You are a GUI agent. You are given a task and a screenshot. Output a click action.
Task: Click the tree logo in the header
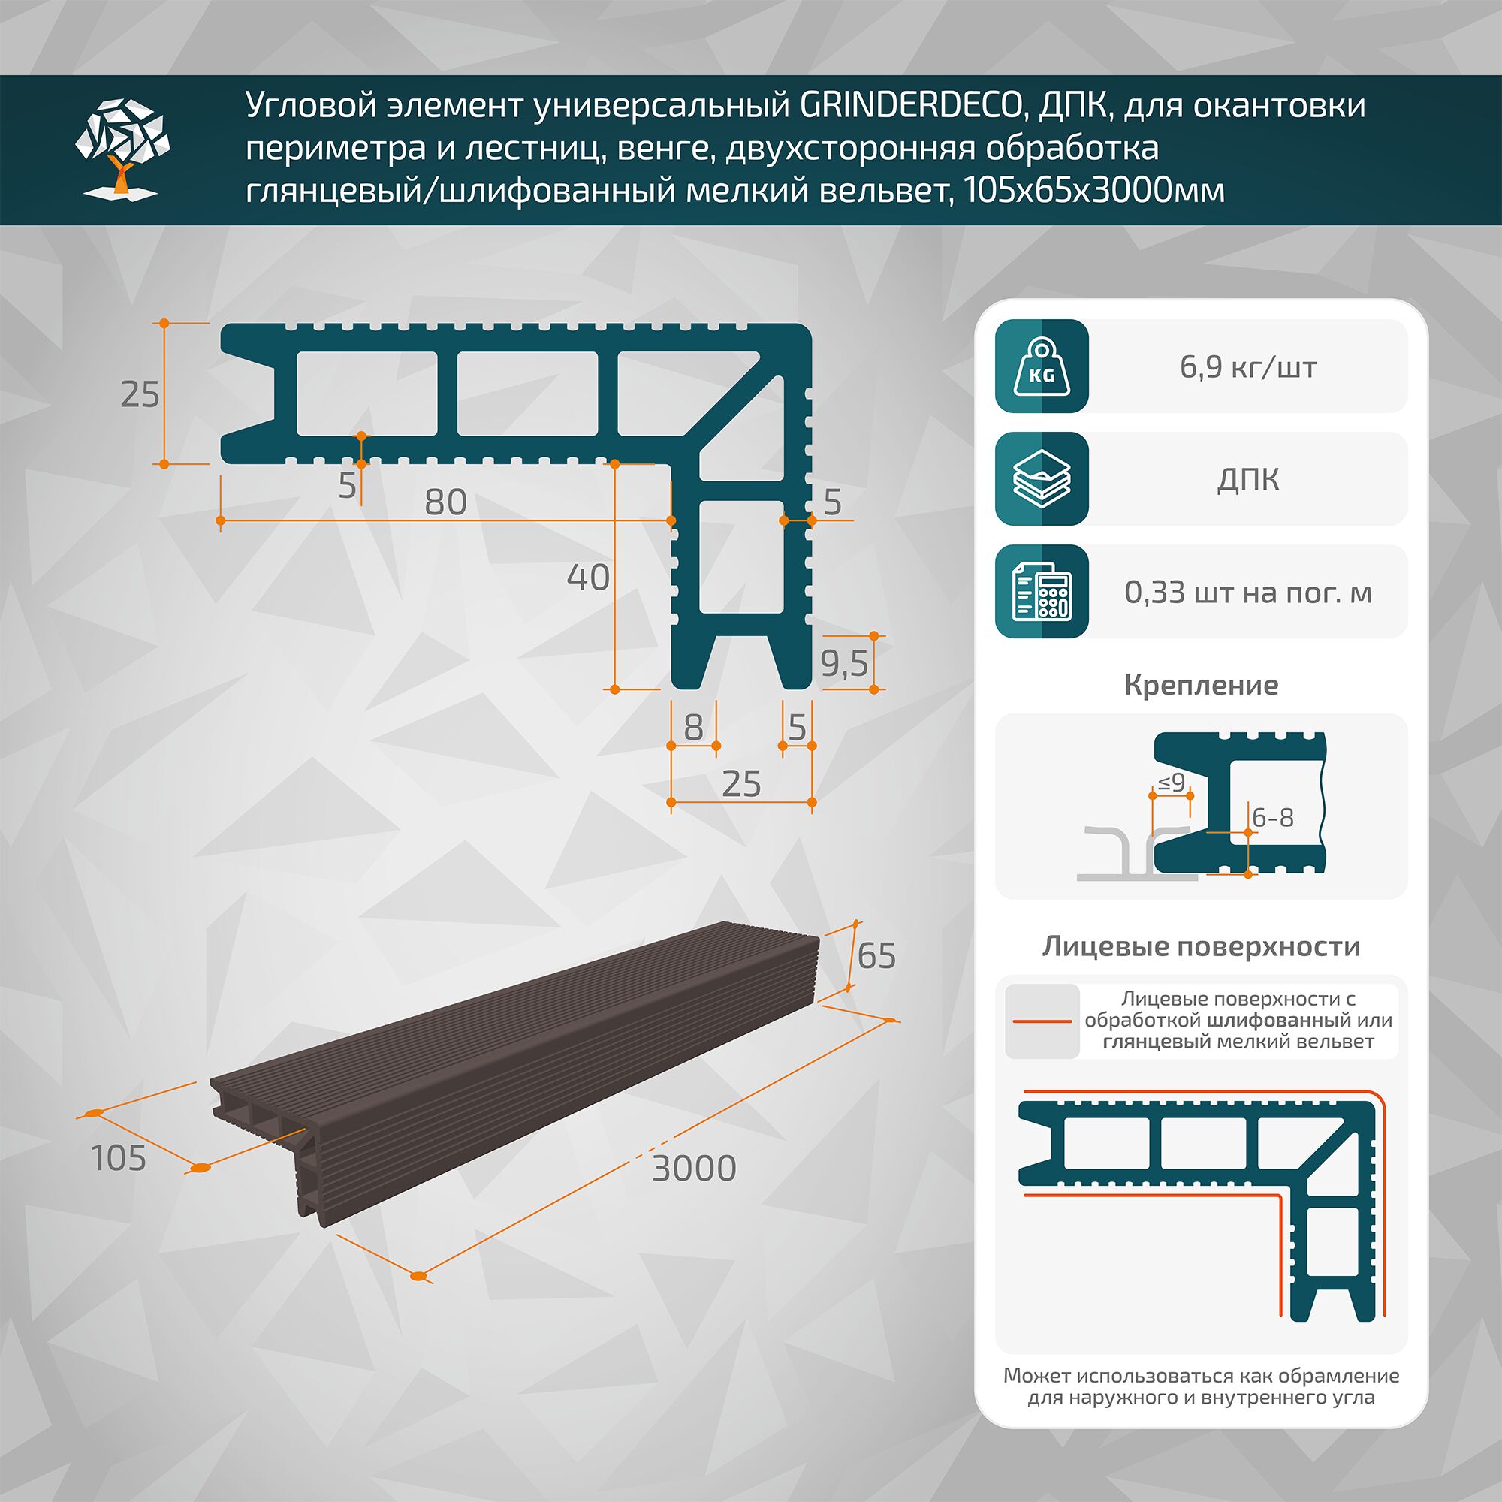coord(122,149)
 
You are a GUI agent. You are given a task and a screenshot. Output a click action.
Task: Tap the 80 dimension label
coord(445,503)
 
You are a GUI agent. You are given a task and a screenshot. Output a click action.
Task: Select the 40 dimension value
coord(588,578)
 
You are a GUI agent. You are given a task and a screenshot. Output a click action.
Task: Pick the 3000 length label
coord(693,1169)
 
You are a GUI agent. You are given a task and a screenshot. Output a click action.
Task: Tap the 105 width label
coord(119,1158)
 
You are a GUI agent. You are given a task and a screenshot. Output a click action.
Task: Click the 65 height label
coord(876,955)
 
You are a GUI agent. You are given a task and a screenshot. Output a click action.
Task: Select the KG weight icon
coord(1042,366)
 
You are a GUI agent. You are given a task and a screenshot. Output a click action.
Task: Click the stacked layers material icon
coord(1042,479)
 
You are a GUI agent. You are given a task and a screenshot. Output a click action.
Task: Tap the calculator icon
coord(1042,592)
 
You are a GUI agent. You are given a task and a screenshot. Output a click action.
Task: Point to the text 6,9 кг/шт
coord(1247,367)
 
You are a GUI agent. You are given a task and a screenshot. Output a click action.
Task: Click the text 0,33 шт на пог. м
coord(1247,593)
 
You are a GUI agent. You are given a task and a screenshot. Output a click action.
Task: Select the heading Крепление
coord(1201,685)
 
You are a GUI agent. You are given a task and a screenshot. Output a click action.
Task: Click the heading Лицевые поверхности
coord(1201,946)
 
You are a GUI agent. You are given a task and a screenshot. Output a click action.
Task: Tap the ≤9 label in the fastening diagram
coord(1171,783)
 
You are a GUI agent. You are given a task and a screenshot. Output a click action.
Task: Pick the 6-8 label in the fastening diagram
coord(1273,818)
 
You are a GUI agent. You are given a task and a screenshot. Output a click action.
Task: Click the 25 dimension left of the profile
coord(140,395)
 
